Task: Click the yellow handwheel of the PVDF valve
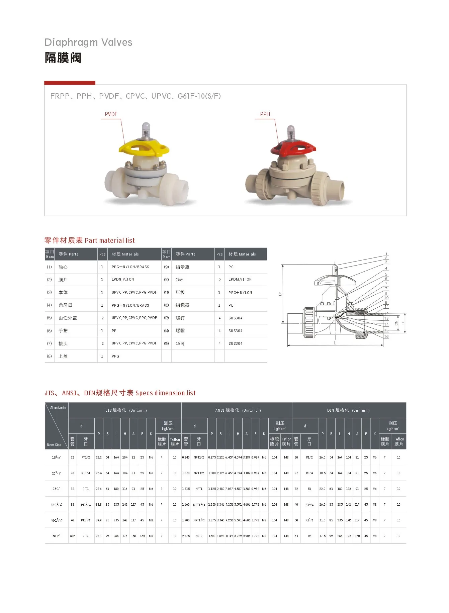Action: pos(144,147)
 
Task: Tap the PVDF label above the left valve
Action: pos(111,114)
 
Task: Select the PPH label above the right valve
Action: pos(265,114)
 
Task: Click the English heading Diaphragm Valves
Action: pos(88,42)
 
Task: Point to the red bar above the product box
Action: pos(70,83)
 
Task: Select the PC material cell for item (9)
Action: pos(231,267)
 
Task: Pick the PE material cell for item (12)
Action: pos(231,305)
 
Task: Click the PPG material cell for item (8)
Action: pos(115,356)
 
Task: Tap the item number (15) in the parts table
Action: pos(166,343)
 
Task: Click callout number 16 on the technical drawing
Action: pos(386,336)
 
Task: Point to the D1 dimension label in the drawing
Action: pos(280,293)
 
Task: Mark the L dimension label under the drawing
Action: pos(335,343)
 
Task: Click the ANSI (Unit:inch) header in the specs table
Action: pos(238,410)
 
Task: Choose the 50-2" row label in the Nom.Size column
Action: pos(56,536)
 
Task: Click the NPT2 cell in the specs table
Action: pos(199,536)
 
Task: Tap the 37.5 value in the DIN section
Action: pos(322,536)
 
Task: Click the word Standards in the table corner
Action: pos(58,408)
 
